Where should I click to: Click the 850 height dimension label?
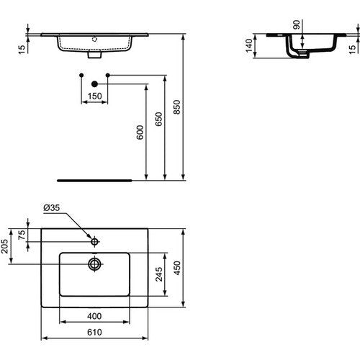click(176, 107)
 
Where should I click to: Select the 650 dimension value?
click(158, 119)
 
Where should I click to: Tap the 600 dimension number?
click(140, 132)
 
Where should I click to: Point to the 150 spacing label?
click(94, 96)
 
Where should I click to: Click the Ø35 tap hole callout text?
click(52, 207)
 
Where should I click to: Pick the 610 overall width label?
click(94, 333)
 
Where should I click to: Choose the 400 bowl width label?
click(94, 316)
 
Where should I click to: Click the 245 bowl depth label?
click(159, 274)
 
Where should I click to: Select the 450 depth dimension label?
click(177, 268)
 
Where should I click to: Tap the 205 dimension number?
click(4, 246)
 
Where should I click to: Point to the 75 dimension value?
click(22, 235)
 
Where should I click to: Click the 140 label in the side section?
click(249, 45)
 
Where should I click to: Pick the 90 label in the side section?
click(297, 24)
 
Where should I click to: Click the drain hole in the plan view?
click(94, 264)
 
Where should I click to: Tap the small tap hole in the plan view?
click(94, 242)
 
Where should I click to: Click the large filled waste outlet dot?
click(95, 84)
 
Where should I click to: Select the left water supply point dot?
click(81, 76)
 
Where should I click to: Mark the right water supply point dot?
click(108, 76)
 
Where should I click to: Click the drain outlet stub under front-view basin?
click(94, 55)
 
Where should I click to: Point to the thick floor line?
click(94, 181)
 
